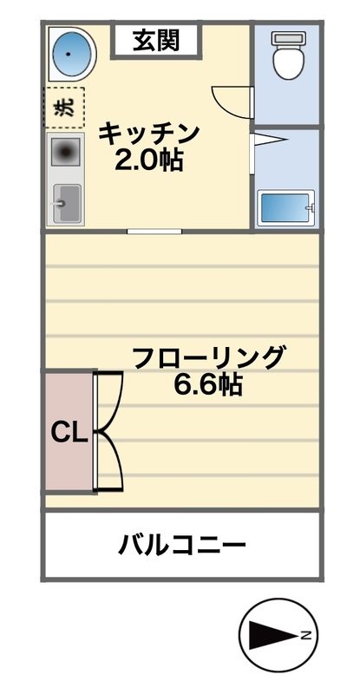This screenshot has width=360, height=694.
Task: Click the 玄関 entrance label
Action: (x=156, y=40)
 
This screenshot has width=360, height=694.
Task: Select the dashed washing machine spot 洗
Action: (x=64, y=108)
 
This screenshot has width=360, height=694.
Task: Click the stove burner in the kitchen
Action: (x=64, y=154)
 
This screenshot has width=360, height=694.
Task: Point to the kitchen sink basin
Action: (x=65, y=204)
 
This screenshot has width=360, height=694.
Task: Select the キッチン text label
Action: (x=148, y=134)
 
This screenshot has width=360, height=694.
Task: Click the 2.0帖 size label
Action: (x=148, y=160)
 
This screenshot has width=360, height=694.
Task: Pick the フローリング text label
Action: (x=207, y=357)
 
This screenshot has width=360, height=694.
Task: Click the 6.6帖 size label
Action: (x=207, y=384)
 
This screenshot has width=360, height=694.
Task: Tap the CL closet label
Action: (x=68, y=432)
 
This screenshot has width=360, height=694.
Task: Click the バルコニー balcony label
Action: (x=182, y=546)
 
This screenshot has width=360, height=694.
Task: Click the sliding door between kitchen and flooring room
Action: (x=154, y=231)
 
